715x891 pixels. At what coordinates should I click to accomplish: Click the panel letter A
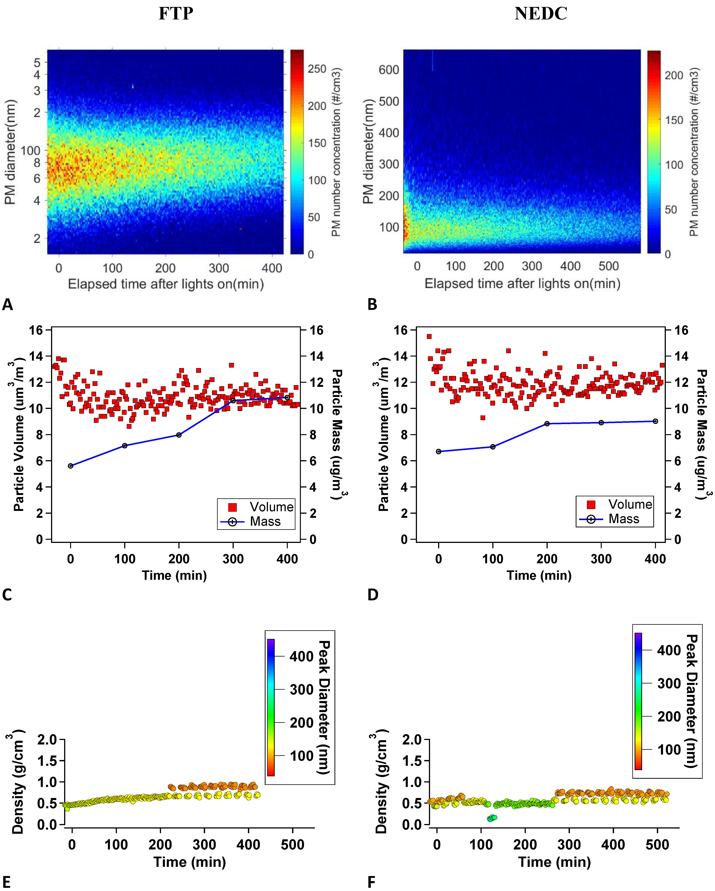[x=7, y=304]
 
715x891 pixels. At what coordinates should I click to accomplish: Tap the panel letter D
[x=373, y=595]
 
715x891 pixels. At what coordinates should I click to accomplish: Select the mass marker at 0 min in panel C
[x=71, y=466]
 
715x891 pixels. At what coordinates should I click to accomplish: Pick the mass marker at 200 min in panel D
[x=547, y=424]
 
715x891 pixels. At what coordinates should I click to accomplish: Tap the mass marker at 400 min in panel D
[x=655, y=421]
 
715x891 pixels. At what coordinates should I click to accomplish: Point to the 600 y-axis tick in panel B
[x=389, y=70]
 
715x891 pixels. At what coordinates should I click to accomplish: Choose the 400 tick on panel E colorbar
[x=301, y=656]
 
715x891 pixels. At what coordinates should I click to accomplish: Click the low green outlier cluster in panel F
[x=492, y=818]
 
